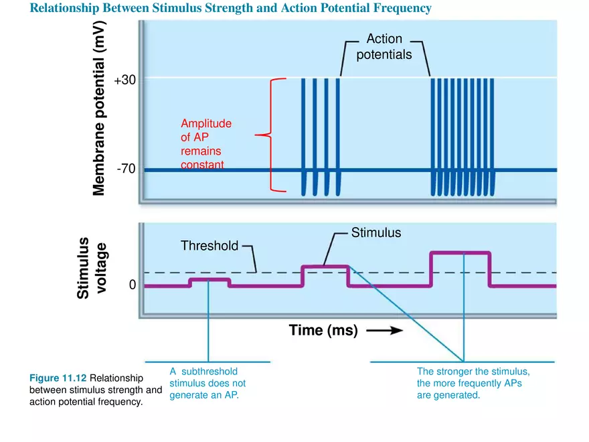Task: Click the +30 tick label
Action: click(125, 80)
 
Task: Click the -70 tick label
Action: click(126, 169)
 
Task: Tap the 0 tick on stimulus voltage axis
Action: click(133, 285)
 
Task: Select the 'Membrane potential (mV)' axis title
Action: click(99, 107)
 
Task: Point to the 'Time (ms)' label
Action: click(323, 330)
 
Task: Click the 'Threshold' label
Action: click(209, 246)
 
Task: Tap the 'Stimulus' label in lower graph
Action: click(375, 233)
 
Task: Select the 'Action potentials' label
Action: click(384, 48)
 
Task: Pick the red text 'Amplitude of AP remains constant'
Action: click(206, 144)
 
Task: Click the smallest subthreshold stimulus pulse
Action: click(210, 280)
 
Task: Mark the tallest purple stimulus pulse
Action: click(460, 253)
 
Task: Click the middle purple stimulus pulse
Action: click(325, 267)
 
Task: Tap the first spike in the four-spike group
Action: click(304, 134)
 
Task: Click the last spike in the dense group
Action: click(493, 134)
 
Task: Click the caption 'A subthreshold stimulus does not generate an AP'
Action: click(207, 383)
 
